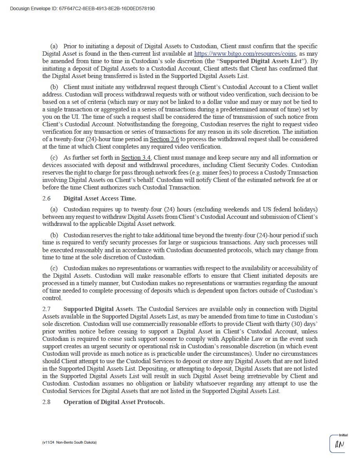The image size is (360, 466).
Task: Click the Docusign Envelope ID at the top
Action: [82, 8]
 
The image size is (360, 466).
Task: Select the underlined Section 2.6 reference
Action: [164, 139]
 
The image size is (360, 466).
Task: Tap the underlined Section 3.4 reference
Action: [133, 158]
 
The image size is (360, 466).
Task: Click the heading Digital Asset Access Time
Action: [100, 198]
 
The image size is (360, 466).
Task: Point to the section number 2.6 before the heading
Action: [47, 198]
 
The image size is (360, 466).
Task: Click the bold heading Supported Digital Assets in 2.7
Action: [98, 309]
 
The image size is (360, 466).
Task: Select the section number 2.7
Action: [47, 309]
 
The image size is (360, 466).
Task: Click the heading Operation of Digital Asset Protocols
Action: [114, 402]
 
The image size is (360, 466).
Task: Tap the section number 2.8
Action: [47, 402]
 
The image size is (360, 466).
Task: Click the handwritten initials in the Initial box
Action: [339, 445]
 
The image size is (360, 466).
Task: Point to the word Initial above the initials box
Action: [343, 435]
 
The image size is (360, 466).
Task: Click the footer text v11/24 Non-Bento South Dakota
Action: [69, 442]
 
